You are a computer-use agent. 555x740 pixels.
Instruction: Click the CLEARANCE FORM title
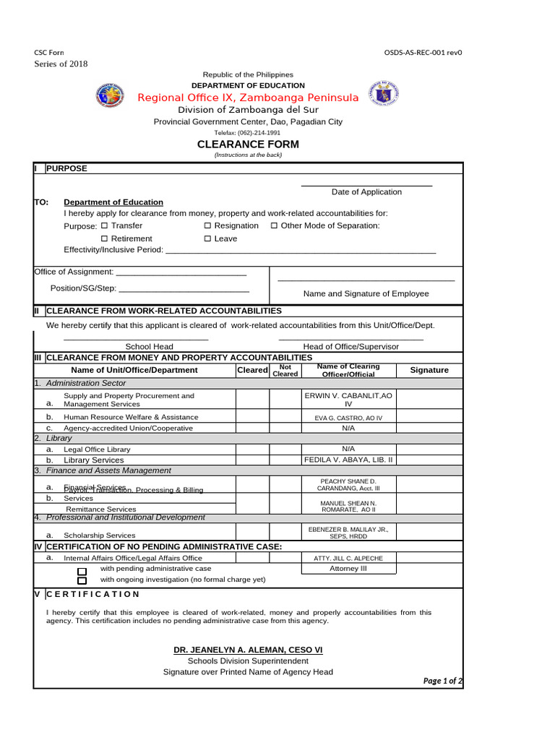[x=248, y=145]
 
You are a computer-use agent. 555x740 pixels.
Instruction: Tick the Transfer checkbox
[x=104, y=225]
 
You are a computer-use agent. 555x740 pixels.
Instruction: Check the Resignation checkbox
[x=208, y=225]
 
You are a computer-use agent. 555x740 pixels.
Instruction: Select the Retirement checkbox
[x=104, y=238]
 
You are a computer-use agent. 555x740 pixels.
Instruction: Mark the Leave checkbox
[x=208, y=238]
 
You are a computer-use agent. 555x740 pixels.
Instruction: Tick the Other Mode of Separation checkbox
[x=275, y=225]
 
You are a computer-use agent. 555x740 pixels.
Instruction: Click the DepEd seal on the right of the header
[x=383, y=95]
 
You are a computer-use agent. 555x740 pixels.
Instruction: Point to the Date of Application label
[x=366, y=192]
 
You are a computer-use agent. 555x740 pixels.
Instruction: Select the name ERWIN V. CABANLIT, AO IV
[x=348, y=400]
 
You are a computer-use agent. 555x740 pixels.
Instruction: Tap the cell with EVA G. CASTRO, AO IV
[x=348, y=418]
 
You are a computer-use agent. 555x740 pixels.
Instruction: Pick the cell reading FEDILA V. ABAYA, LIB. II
[x=348, y=460]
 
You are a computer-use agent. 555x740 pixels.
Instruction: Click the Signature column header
[x=429, y=370]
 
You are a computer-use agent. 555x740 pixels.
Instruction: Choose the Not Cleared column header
[x=285, y=370]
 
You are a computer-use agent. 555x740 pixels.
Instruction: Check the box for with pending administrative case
[x=82, y=570]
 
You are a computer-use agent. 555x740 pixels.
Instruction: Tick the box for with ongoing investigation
[x=82, y=580]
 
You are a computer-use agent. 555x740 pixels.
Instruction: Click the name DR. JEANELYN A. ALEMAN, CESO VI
[x=248, y=650]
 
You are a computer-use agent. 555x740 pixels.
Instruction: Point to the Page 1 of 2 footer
[x=442, y=681]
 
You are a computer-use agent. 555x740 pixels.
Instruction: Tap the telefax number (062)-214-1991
[x=248, y=133]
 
